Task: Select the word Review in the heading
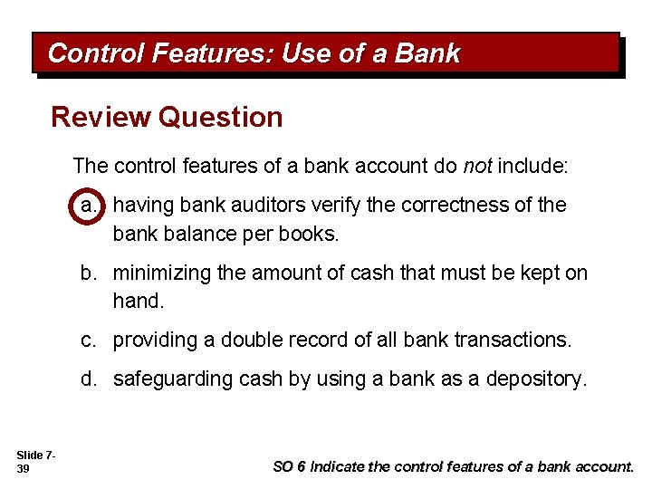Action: pyautogui.click(x=101, y=118)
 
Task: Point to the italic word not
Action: pyautogui.click(x=477, y=166)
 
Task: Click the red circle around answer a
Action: pyautogui.click(x=89, y=206)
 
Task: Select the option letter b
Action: pyautogui.click(x=89, y=273)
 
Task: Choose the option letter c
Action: pyautogui.click(x=89, y=340)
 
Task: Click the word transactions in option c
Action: pyautogui.click(x=516, y=340)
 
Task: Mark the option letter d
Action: pyautogui.click(x=89, y=379)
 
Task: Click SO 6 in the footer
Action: pyautogui.click(x=289, y=466)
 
